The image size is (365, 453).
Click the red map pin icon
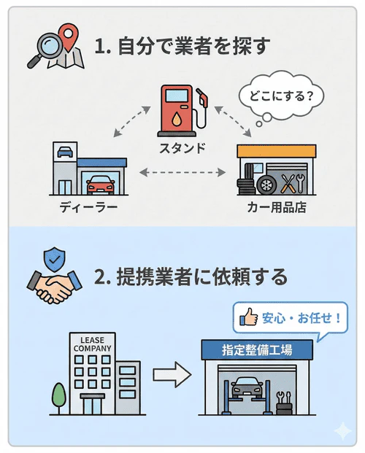tap(69, 35)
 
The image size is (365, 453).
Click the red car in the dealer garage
tap(101, 185)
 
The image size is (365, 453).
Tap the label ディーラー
tap(88, 208)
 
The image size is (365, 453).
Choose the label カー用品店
tap(276, 208)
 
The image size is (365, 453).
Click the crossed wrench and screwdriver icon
tap(292, 182)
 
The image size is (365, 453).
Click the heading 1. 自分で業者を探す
tap(182, 47)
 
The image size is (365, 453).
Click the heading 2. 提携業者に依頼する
tap(191, 277)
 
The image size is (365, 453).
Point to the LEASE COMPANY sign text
tap(92, 344)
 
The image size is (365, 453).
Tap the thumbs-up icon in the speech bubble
tap(249, 317)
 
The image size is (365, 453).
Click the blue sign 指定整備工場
tap(257, 349)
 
